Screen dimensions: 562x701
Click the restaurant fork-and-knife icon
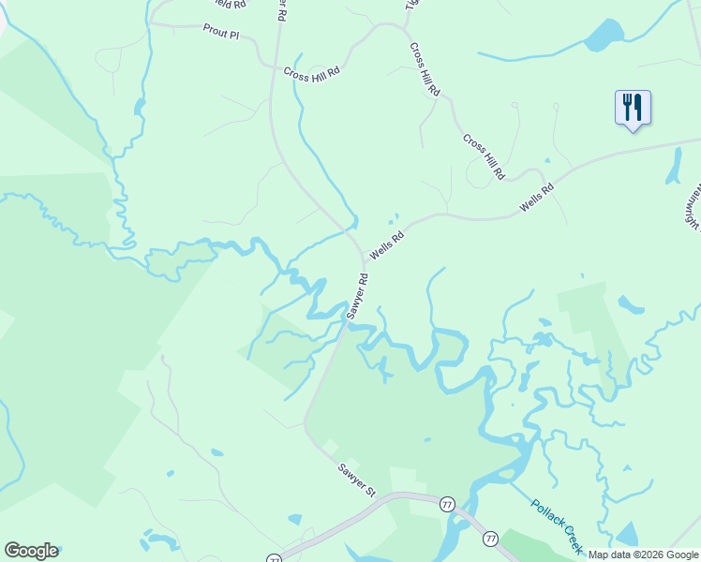633,108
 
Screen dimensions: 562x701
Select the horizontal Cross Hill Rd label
313,70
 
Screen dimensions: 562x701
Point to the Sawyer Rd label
357,296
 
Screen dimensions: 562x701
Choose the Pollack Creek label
558,524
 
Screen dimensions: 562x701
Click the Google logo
32,551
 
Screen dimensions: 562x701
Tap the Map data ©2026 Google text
643,555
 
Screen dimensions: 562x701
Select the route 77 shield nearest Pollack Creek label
489,539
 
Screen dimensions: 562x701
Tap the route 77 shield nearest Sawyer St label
447,504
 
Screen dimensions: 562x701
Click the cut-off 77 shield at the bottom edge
274,558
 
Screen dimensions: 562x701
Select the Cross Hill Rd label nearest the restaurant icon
484,155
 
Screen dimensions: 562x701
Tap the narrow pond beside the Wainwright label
673,167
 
